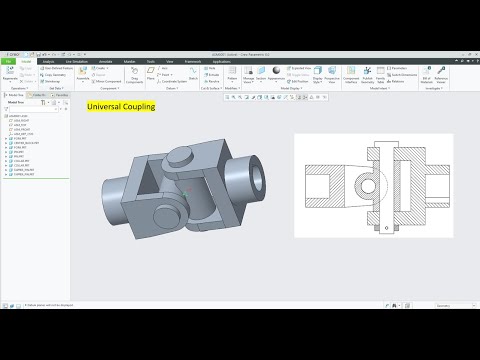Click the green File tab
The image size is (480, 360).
pos(8,60)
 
